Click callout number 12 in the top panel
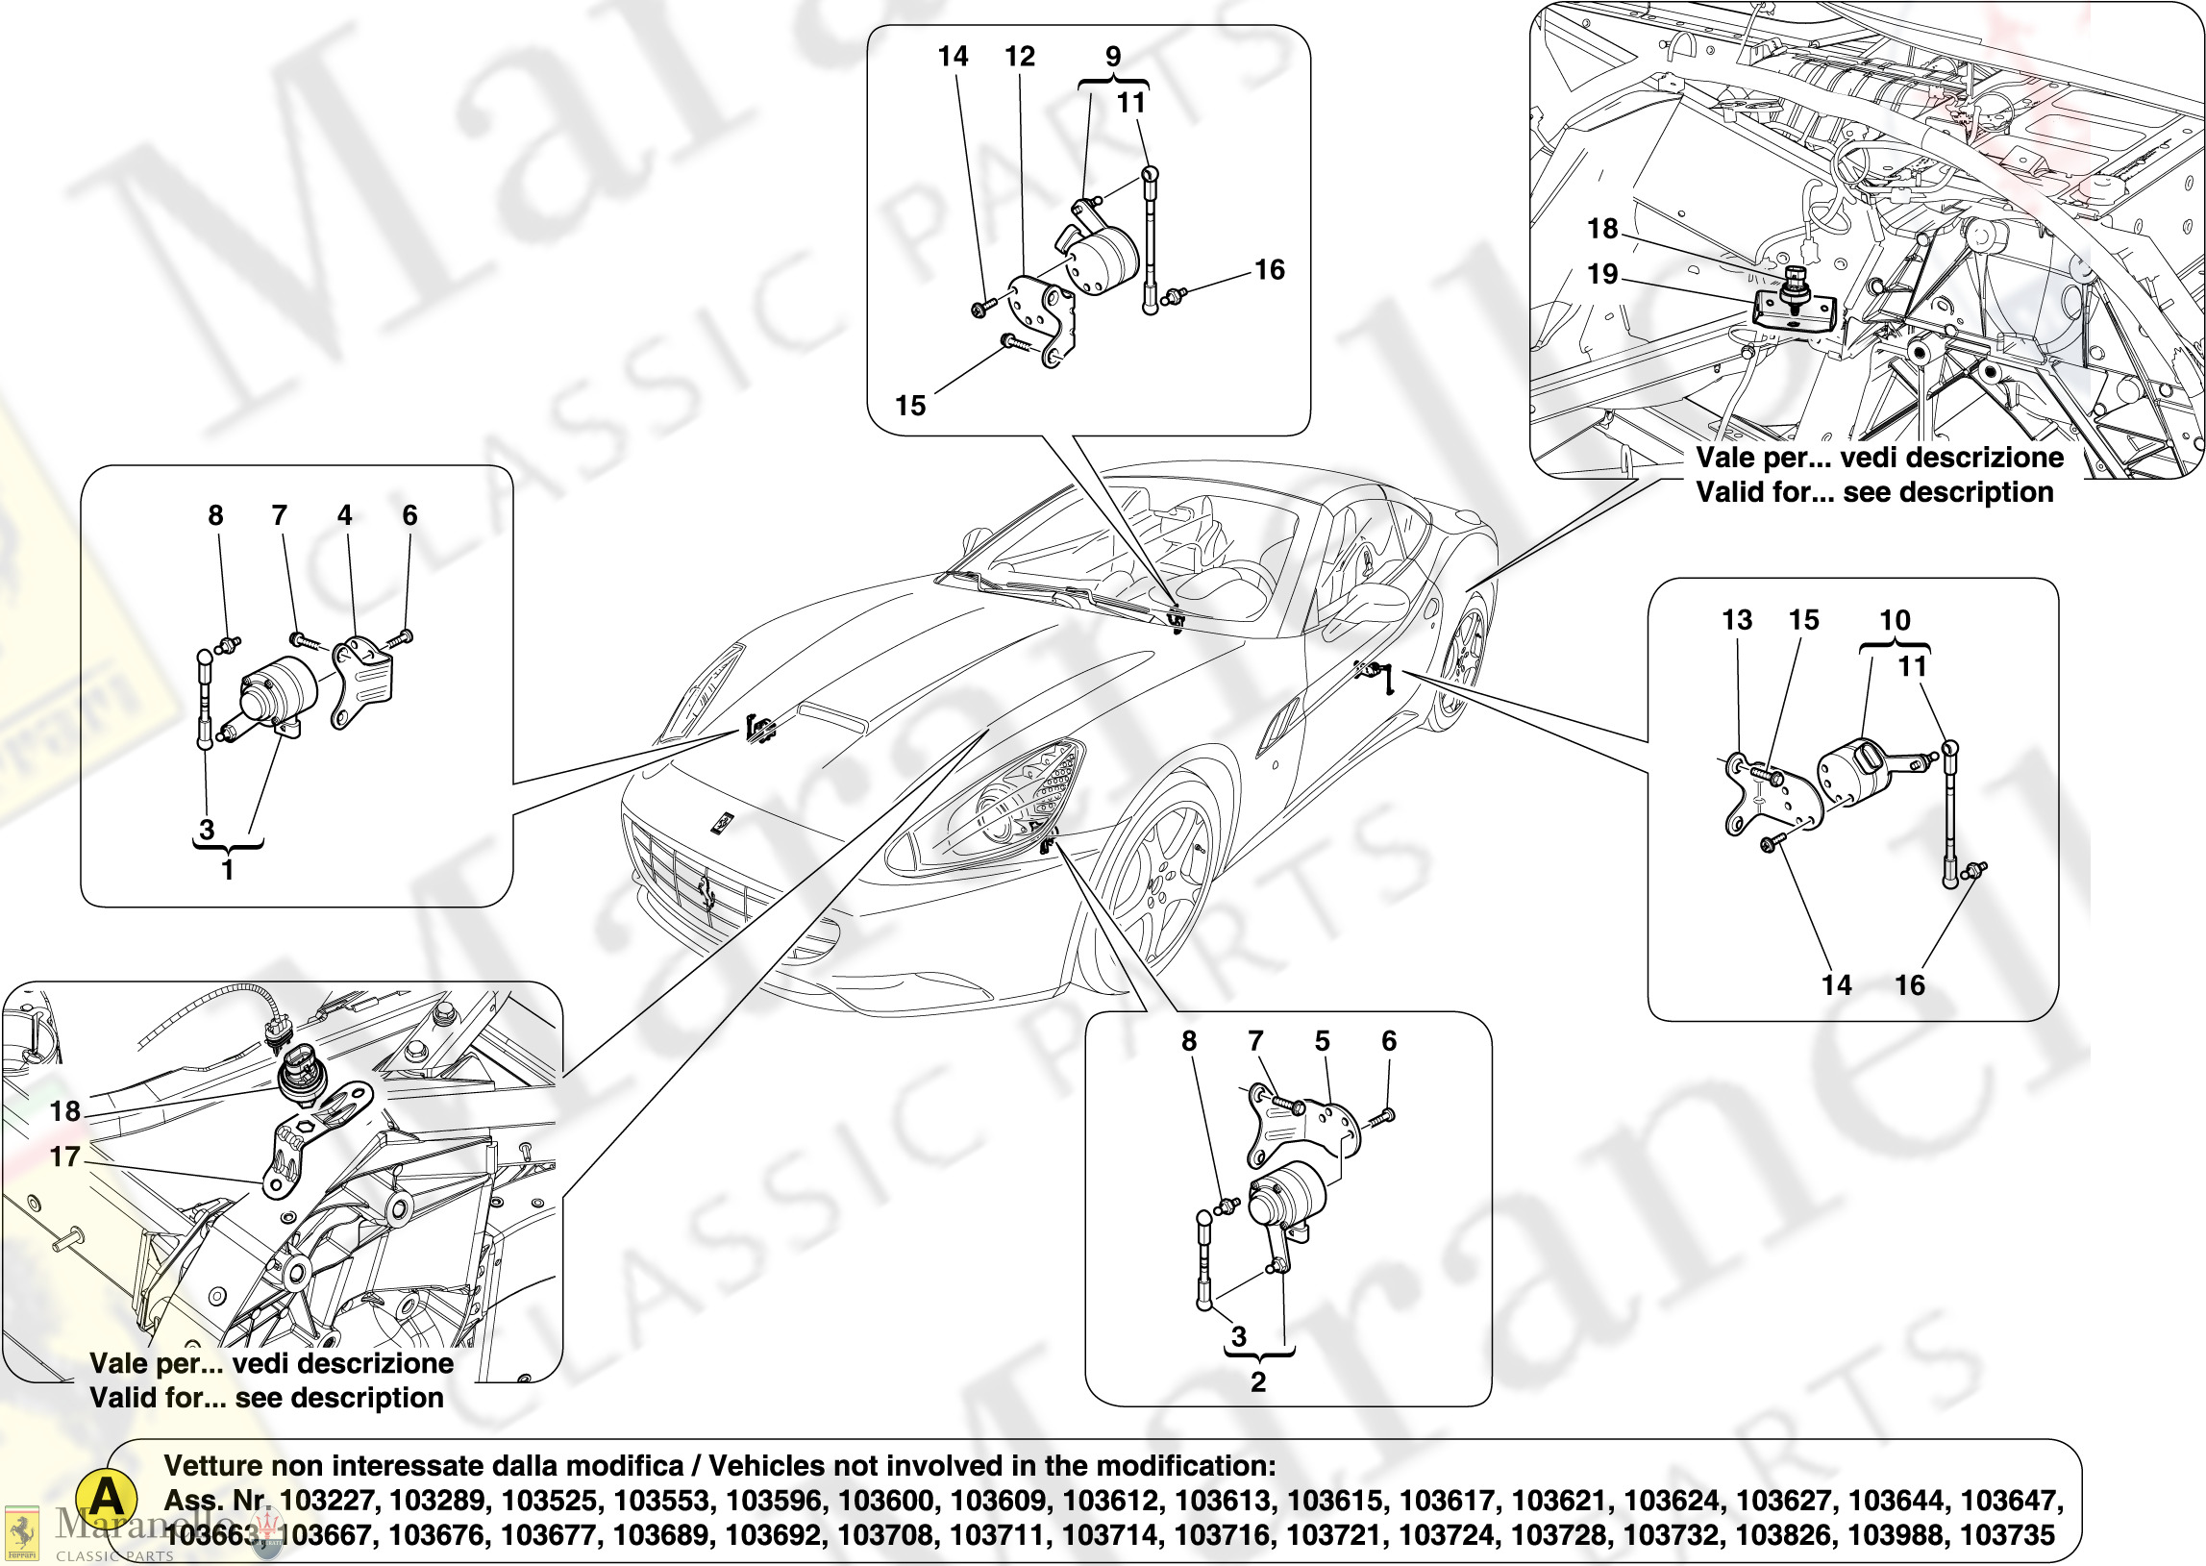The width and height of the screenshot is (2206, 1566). click(1019, 57)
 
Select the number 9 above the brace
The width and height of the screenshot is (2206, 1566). click(1113, 57)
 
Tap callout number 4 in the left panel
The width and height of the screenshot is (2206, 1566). click(344, 516)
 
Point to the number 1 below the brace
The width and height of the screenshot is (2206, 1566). click(228, 870)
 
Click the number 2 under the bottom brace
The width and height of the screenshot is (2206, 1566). click(1257, 1381)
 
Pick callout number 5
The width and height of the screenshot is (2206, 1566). click(1322, 1041)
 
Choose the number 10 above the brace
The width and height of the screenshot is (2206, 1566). click(1895, 620)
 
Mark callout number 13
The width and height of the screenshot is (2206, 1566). click(1737, 620)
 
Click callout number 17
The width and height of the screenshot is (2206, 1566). click(64, 1156)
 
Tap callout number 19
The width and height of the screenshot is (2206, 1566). click(1602, 274)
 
